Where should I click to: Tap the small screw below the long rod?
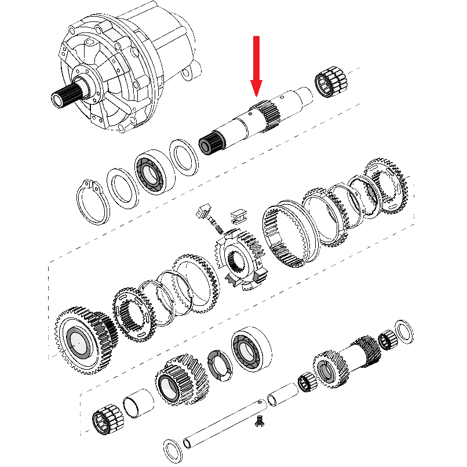point(260,424)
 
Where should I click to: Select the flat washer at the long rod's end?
point(171,447)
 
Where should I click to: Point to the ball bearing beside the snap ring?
point(154,172)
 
